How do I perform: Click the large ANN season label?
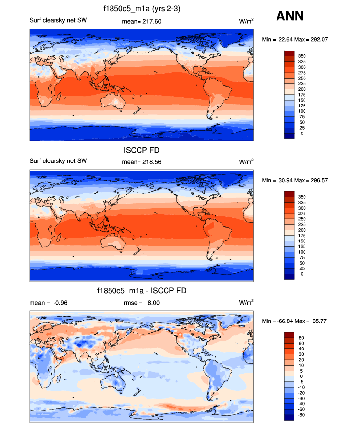[290, 16]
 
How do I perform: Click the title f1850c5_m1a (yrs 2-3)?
[141, 8]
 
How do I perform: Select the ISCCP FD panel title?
[141, 151]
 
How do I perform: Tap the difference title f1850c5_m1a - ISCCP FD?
[141, 291]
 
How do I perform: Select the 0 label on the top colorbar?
[302, 133]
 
